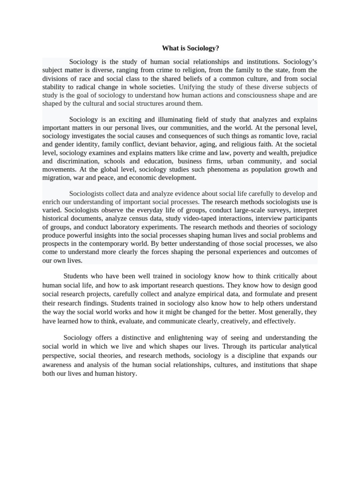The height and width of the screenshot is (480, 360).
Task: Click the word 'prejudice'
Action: [303, 153]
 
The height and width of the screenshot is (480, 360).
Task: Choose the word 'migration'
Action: [55, 178]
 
